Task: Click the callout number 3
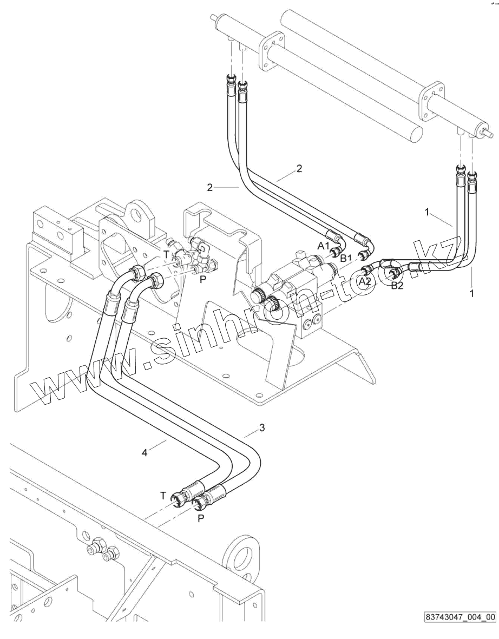[x=262, y=428]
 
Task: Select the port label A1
[x=324, y=246]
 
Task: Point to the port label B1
[x=346, y=258]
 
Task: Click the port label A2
[x=365, y=281]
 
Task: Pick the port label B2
[x=397, y=286]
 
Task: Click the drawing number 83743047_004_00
[x=460, y=616]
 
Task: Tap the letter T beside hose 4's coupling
[x=163, y=496]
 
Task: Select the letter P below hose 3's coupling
[x=201, y=518]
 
